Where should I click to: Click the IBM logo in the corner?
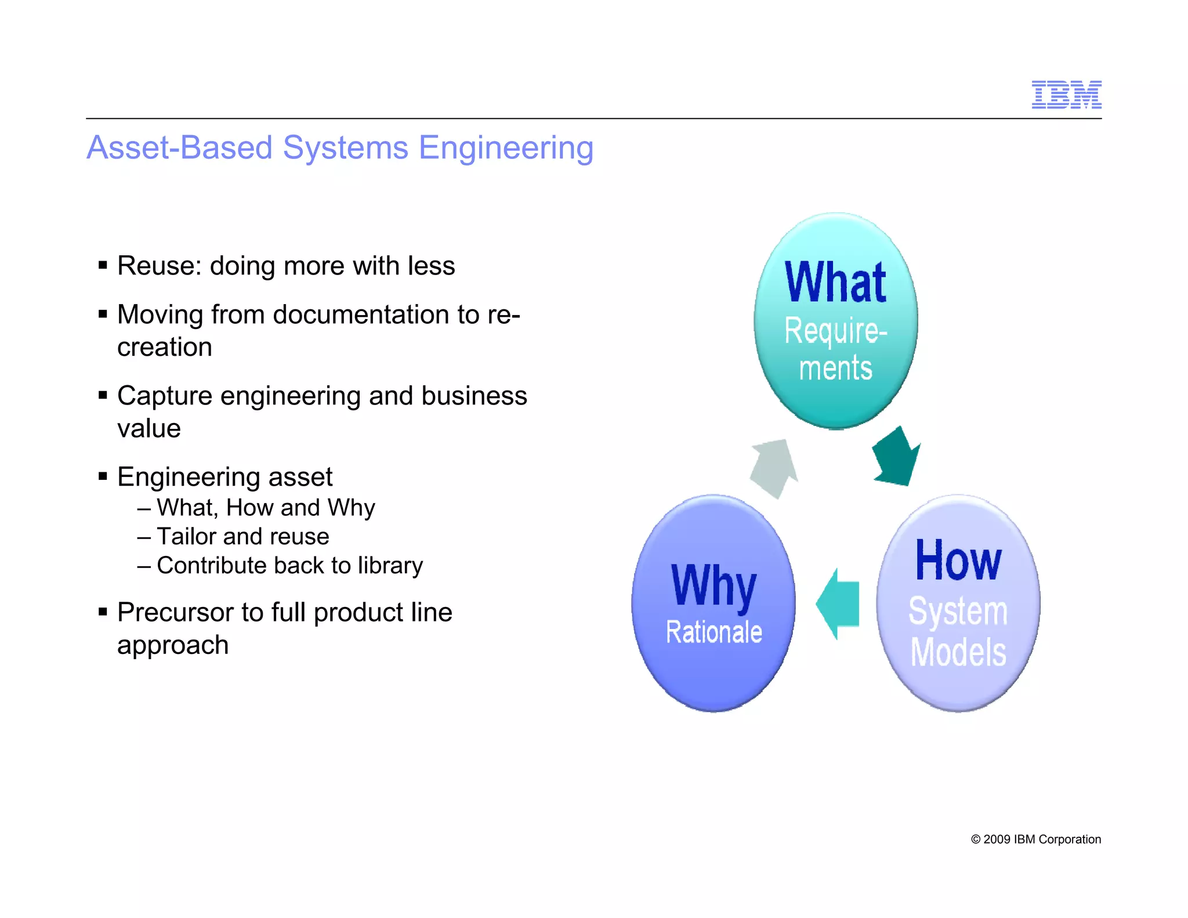(1066, 95)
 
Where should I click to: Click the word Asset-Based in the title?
(179, 147)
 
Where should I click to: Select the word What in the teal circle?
(835, 283)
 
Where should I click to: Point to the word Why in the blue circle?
(713, 586)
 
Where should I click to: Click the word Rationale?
(713, 632)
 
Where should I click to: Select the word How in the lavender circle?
(958, 561)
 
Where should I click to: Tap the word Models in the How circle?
(958, 652)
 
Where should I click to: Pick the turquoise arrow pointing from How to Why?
(838, 604)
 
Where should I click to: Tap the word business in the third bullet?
(474, 396)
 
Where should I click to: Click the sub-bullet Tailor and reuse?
(242, 536)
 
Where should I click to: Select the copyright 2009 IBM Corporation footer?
(1035, 839)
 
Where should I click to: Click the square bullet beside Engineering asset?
(103, 477)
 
